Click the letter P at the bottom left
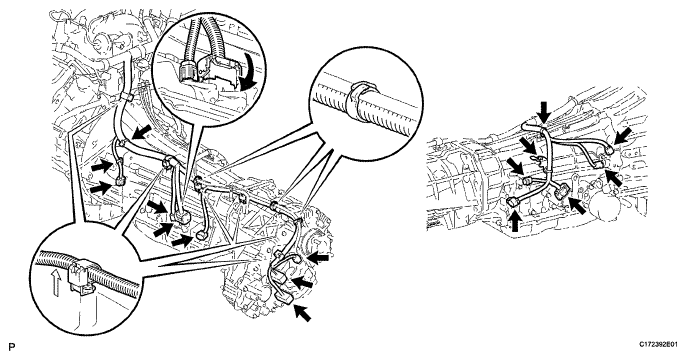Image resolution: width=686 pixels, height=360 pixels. (x=12, y=347)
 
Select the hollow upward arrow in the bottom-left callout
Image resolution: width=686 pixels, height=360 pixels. (x=55, y=283)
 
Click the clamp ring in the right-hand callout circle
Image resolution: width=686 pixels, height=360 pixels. (x=360, y=102)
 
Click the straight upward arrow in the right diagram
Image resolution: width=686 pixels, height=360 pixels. (x=515, y=221)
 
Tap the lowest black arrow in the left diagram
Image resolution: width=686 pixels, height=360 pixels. (x=302, y=313)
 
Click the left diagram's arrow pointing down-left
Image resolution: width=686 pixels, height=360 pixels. (x=142, y=131)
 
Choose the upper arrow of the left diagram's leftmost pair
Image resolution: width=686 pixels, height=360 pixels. (x=101, y=166)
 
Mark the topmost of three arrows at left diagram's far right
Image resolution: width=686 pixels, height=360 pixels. (x=318, y=259)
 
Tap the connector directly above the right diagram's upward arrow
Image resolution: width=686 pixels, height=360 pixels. (x=514, y=202)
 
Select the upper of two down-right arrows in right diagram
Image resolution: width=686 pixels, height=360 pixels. (x=528, y=145)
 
